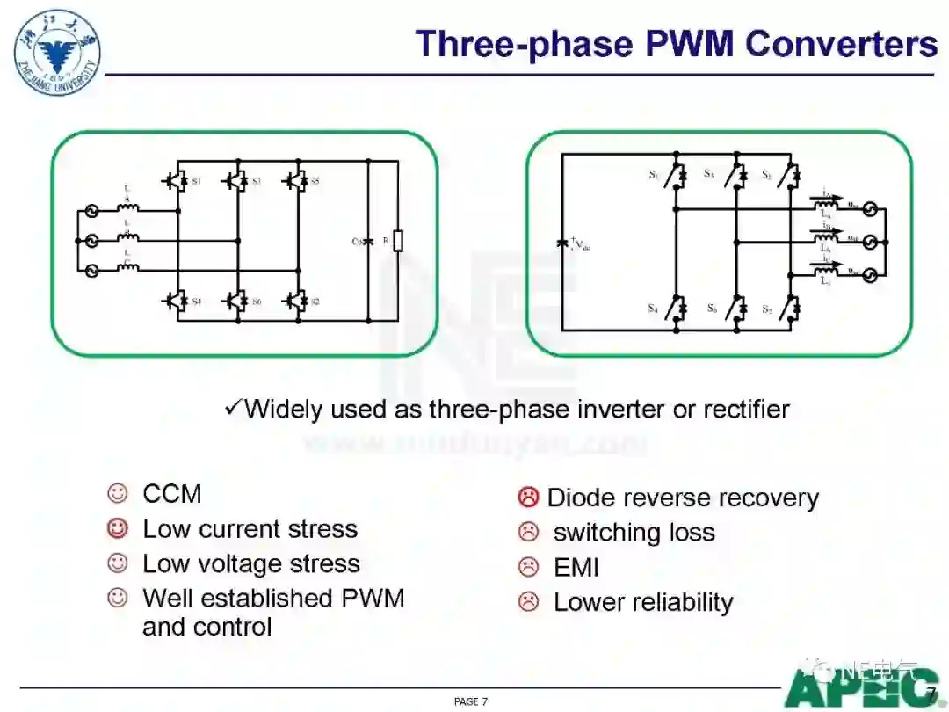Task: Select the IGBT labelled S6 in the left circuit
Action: (x=235, y=301)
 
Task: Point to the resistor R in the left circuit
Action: (x=397, y=240)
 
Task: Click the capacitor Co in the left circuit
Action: (x=367, y=241)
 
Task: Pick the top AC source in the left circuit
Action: (x=90, y=211)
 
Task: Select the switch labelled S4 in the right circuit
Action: (x=677, y=308)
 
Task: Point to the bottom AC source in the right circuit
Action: (x=870, y=275)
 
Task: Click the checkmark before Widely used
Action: (x=233, y=407)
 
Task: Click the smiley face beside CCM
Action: (x=117, y=494)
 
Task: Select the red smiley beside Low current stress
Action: (x=117, y=529)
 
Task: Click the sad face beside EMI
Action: (x=528, y=568)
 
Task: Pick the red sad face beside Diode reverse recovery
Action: (x=528, y=498)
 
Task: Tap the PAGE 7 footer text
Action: (x=471, y=701)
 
